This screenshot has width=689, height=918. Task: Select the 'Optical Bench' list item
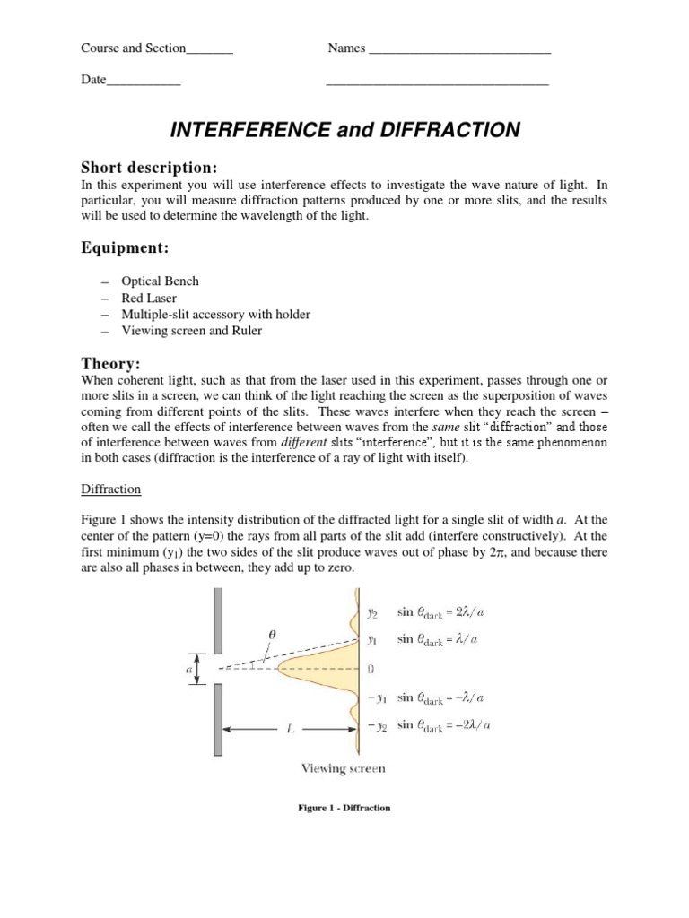click(x=166, y=281)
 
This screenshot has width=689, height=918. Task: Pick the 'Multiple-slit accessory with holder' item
click(x=222, y=314)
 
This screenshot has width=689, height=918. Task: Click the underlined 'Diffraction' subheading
click(x=106, y=489)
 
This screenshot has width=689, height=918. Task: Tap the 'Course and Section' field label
click(x=134, y=48)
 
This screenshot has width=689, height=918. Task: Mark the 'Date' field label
click(x=93, y=80)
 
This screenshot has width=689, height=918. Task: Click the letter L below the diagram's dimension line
click(x=289, y=731)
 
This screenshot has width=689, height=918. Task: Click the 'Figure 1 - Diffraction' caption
click(x=344, y=808)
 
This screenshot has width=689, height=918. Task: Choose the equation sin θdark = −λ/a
click(x=445, y=697)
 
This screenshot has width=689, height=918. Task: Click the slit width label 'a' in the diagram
click(x=179, y=668)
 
